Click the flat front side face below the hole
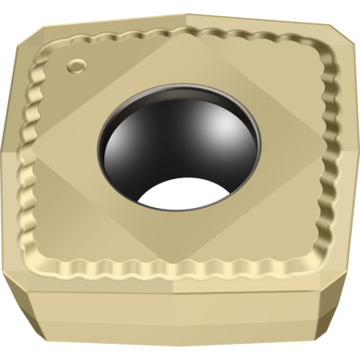point(180,319)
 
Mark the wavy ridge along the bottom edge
point(180,270)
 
